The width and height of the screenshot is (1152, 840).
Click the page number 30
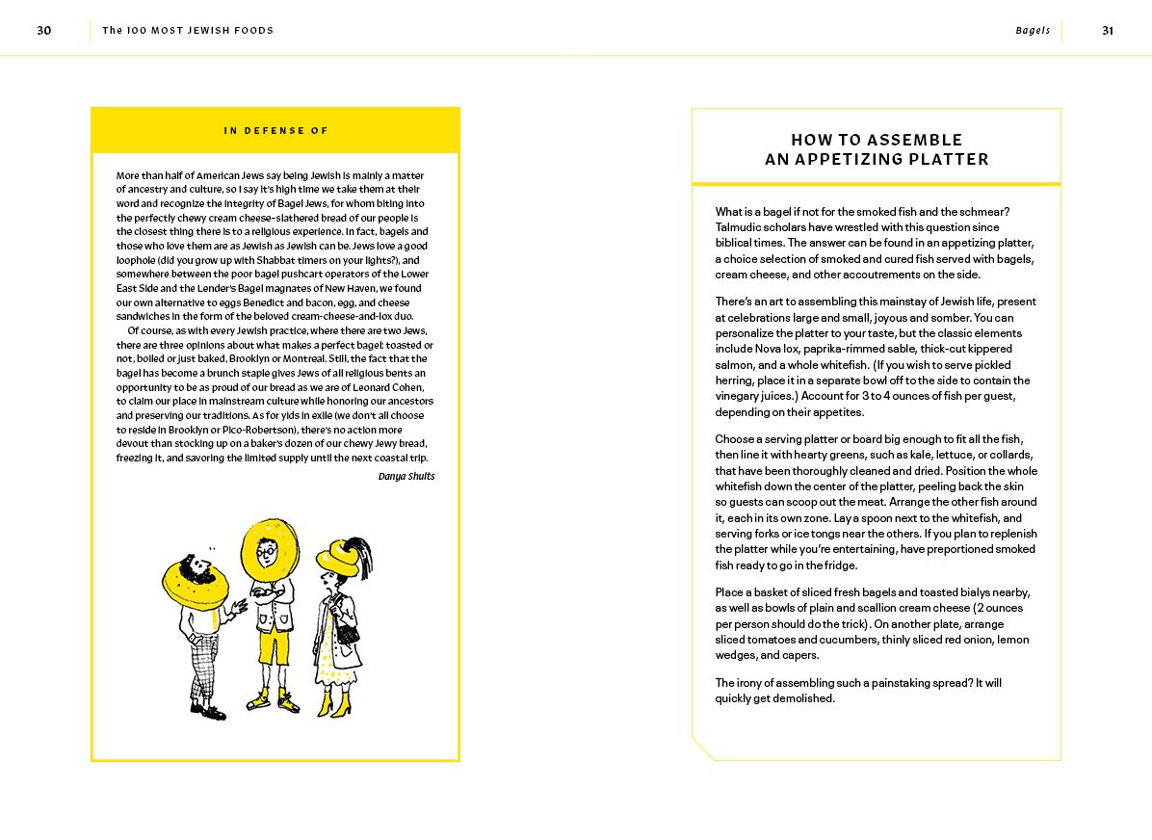44,31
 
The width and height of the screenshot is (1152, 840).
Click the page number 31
1108,31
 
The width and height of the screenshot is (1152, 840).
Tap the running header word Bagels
1033,31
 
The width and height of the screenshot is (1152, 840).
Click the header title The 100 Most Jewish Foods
188,31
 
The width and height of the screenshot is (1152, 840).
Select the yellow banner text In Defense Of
275,131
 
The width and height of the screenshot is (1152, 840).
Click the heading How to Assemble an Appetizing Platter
877,149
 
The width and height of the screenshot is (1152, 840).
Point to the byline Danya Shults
406,477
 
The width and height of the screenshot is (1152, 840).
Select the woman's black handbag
348,634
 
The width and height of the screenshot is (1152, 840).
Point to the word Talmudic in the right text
738,227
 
